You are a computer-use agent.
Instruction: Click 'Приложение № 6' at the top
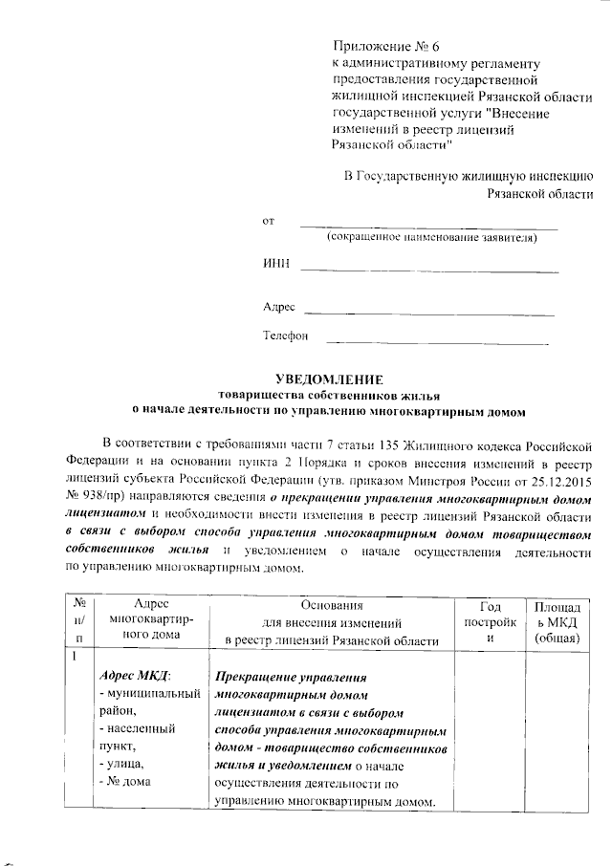tap(385, 46)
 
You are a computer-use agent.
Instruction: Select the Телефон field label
tap(286, 336)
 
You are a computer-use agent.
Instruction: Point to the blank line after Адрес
tap(428, 312)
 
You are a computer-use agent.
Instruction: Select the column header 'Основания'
tap(332, 606)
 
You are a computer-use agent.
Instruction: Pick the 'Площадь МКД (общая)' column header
tap(558, 621)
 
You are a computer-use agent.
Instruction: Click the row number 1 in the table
tap(71, 655)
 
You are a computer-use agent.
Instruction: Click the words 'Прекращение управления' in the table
tap(286, 675)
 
